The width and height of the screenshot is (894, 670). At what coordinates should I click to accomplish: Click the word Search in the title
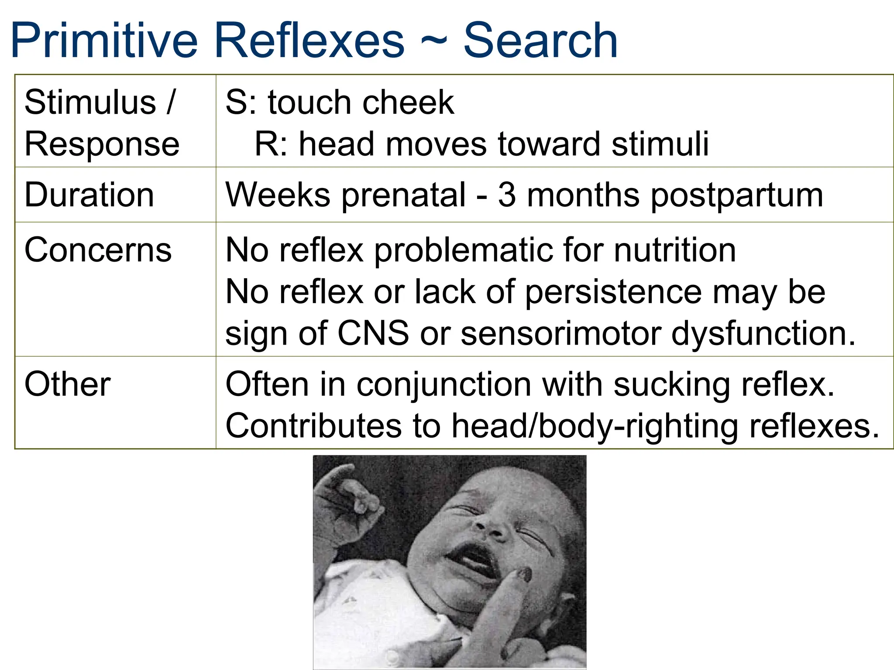(x=540, y=41)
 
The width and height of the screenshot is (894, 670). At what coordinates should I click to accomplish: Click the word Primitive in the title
(x=104, y=41)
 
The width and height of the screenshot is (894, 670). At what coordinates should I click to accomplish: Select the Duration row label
(x=89, y=195)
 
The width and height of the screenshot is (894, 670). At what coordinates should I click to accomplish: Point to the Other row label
(x=68, y=384)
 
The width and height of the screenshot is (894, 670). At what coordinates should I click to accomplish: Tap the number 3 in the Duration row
(x=507, y=195)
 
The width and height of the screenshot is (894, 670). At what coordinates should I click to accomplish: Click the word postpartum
(x=737, y=195)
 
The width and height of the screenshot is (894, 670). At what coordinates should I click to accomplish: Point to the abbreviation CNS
(x=373, y=333)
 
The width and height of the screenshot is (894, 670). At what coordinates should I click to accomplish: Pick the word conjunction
(x=444, y=385)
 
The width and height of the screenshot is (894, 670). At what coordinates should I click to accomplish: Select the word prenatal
(x=404, y=195)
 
